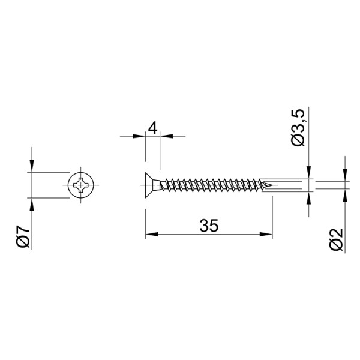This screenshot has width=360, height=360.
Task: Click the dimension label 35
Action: tap(209, 226)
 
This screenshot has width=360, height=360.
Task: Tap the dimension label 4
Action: tap(152, 128)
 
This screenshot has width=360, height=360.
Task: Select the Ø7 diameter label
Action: tap(23, 237)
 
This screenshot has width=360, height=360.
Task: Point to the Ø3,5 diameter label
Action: tap(298, 128)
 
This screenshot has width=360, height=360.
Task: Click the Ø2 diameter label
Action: tap(336, 239)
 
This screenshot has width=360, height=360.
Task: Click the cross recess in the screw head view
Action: tap(80, 185)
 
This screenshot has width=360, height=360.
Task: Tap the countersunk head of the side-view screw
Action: tap(152, 185)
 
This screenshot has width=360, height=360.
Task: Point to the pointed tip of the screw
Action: tap(272, 185)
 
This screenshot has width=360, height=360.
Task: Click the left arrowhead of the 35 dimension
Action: tap(152, 235)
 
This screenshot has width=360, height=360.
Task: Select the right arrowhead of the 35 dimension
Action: tap(266, 235)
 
